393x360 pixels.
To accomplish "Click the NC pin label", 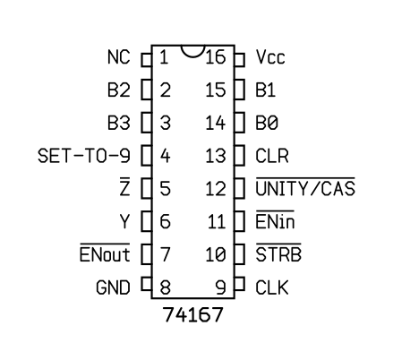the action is (119, 57).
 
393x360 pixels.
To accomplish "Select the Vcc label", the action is (270, 57).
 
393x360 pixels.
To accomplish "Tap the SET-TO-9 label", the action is (84, 156).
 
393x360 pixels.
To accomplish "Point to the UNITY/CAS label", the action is (305, 187).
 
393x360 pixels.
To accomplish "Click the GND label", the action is (114, 287).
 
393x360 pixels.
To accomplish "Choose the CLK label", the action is (272, 287).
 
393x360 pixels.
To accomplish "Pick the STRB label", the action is (278, 253).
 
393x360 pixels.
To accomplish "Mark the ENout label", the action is (105, 253).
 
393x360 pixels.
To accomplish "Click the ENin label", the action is (275, 220).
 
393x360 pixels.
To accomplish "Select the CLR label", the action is (272, 156).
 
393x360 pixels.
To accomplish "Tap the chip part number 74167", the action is (193, 314).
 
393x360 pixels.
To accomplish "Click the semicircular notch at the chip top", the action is (193, 56).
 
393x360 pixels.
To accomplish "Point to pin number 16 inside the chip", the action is (216, 57).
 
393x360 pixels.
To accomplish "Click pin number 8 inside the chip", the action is (166, 287).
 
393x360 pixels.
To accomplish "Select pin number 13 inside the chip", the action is (216, 156).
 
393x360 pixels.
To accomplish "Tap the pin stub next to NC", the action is (147, 60).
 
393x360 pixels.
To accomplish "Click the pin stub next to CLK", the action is (240, 284).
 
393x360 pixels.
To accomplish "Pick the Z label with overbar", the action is (124, 187).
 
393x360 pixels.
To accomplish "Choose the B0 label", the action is (267, 123).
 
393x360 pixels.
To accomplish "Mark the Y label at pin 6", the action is (124, 221).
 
